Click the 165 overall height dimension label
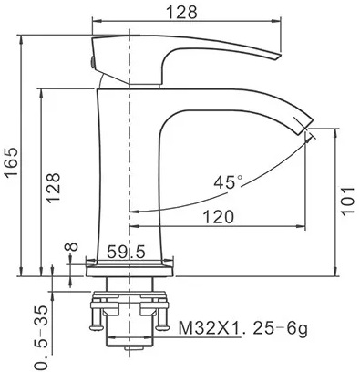tap(12, 162)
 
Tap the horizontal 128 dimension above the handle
tap(182, 12)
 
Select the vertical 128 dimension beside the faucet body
tap(54, 188)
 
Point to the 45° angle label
tap(228, 182)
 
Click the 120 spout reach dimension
tap(219, 217)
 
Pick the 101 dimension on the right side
tap(347, 201)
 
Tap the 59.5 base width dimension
tap(126, 253)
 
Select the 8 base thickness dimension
tap(72, 247)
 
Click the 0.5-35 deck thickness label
tap(41, 336)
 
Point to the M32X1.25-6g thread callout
tap(242, 328)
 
